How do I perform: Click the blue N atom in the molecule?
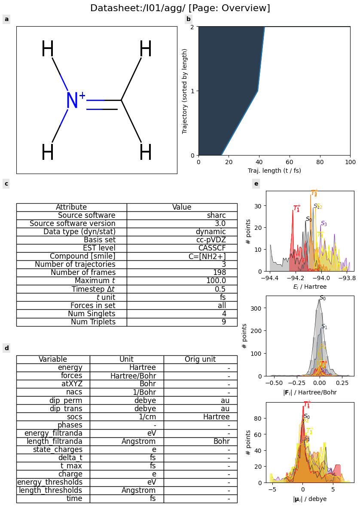point(72,101)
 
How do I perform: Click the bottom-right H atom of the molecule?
point(146,153)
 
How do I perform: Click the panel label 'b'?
point(188,19)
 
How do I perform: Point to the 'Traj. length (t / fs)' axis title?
point(274,171)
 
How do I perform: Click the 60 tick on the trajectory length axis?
point(290,162)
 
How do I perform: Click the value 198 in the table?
point(219,272)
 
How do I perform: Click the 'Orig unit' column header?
point(200,359)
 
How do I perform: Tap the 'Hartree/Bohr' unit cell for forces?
point(133,376)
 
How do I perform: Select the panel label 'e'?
point(256,183)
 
